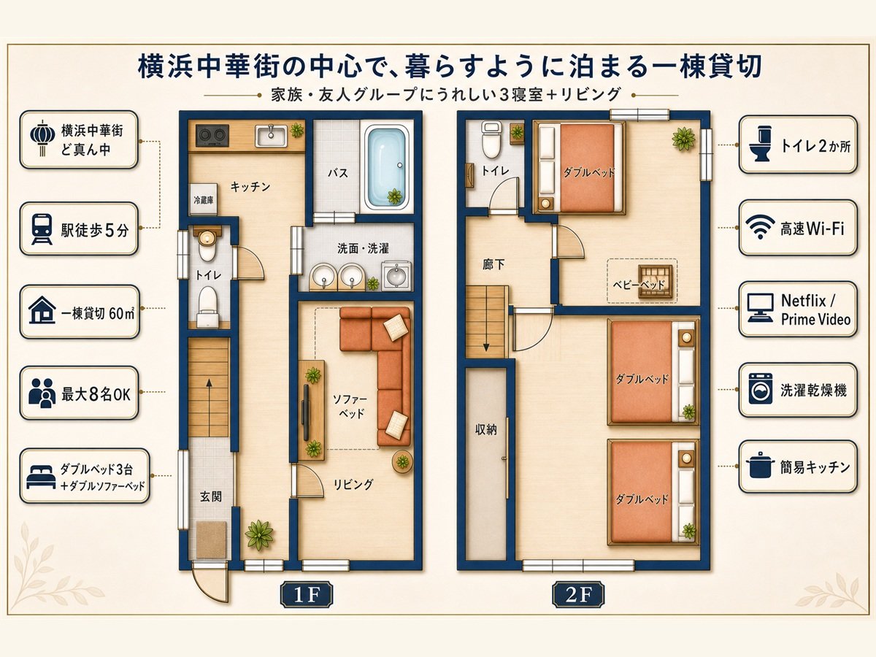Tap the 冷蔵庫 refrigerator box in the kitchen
point(204,199)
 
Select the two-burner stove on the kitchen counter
point(212,135)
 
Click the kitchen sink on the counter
point(271,136)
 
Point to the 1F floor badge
point(307,596)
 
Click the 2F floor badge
point(578,596)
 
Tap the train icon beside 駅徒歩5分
point(42,229)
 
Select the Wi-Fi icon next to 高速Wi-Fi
point(760,226)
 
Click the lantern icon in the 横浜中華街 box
point(42,139)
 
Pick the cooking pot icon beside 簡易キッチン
point(759,465)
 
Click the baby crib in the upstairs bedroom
point(654,282)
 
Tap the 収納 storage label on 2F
point(485,431)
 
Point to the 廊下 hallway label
point(493,264)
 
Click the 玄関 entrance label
point(210,497)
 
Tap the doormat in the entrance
point(211,540)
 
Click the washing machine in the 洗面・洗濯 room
point(396,275)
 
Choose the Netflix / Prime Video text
point(815,310)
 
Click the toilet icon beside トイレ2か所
point(759,144)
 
